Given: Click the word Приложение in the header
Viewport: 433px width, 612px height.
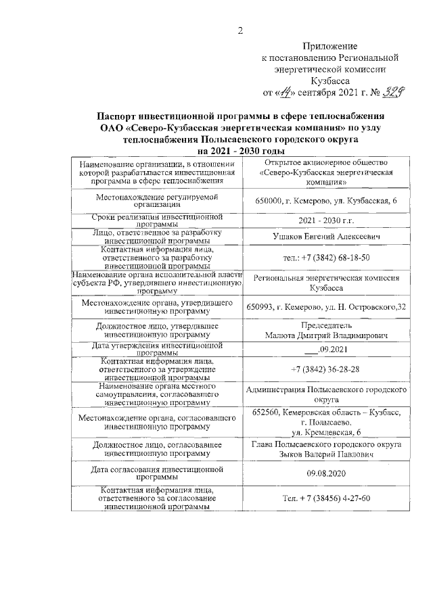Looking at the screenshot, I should coord(330,46).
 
